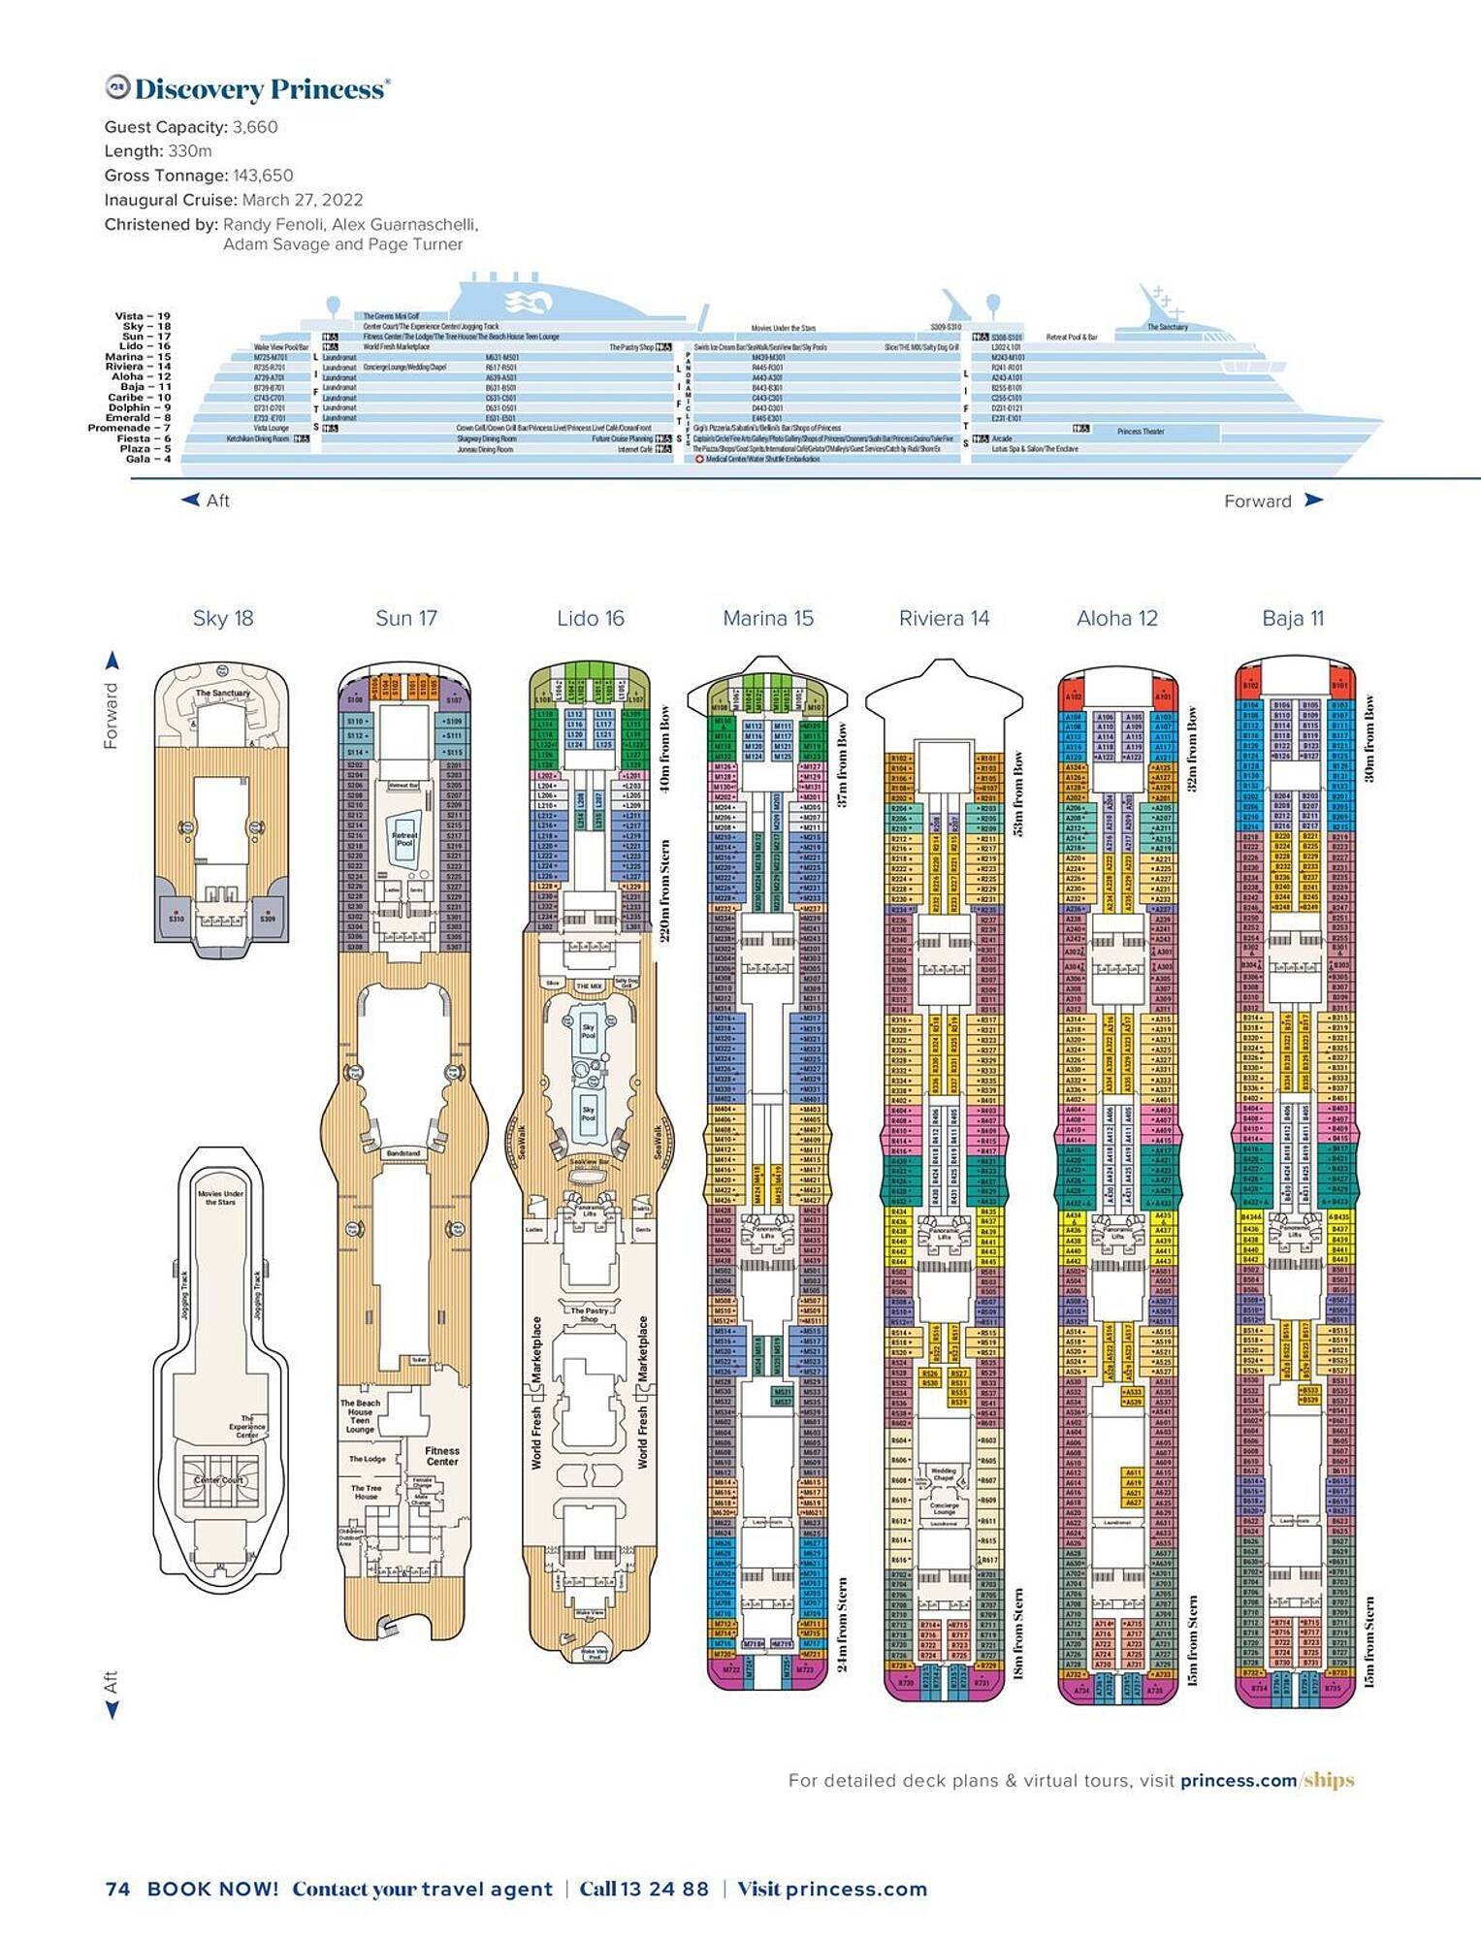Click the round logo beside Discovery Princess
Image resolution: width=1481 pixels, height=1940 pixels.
(x=116, y=87)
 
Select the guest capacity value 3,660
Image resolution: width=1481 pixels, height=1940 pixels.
(x=255, y=127)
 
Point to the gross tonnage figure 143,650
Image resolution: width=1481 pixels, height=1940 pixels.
(x=263, y=176)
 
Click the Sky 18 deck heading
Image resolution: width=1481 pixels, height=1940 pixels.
(x=223, y=619)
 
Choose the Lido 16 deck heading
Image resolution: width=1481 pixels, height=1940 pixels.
(x=591, y=619)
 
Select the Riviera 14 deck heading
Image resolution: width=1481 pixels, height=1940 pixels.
(x=944, y=619)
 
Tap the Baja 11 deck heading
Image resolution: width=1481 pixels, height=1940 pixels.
(x=1293, y=619)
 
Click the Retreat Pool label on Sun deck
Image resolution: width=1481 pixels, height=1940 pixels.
(x=404, y=838)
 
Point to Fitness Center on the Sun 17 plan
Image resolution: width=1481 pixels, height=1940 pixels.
(x=441, y=1456)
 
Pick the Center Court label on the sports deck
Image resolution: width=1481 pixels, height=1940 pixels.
(x=219, y=1480)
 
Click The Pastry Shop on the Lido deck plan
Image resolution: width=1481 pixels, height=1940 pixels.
(x=590, y=1314)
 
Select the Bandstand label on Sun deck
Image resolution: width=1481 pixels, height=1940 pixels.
(x=403, y=1153)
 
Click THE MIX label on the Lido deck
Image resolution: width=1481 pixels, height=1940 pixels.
(x=589, y=986)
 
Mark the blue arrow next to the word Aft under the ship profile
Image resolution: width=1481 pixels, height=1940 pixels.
(x=190, y=501)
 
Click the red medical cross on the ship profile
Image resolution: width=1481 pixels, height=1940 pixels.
(x=699, y=460)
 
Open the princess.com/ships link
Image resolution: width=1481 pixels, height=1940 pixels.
(x=1267, y=1781)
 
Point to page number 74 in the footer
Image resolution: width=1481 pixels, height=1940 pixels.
(x=116, y=1889)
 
